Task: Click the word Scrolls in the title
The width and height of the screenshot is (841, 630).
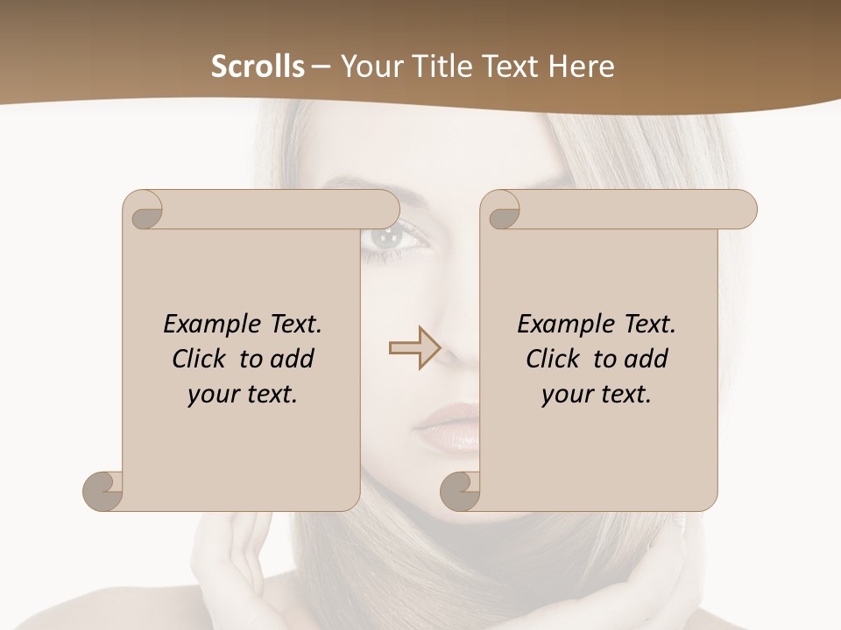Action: click(258, 66)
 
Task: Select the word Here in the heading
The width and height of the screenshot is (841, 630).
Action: click(580, 66)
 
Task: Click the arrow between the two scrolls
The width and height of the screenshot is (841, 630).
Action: click(414, 348)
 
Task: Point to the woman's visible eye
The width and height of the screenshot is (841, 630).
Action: click(386, 235)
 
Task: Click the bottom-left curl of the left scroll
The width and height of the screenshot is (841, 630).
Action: click(103, 490)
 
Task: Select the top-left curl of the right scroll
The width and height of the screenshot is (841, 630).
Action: click(502, 210)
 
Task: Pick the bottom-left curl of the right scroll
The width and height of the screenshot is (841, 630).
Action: click(460, 490)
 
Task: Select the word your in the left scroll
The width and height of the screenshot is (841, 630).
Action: click(210, 395)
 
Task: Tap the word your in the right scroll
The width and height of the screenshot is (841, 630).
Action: click(564, 395)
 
